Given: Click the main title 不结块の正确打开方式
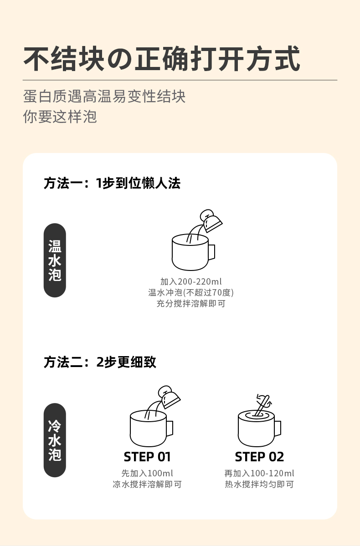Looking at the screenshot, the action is click(x=162, y=59).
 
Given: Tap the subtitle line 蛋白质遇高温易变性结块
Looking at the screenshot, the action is click(x=104, y=97).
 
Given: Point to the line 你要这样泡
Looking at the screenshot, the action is click(x=60, y=117).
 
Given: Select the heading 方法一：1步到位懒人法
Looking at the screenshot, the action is click(x=112, y=183).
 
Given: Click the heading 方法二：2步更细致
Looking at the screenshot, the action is click(x=100, y=362).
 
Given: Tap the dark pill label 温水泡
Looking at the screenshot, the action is click(x=55, y=260).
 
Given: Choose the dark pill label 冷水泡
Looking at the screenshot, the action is click(x=55, y=440).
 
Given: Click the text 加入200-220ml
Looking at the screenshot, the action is click(x=191, y=281).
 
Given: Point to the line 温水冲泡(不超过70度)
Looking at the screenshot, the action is click(x=191, y=292).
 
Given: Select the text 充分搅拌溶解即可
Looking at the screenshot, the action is click(x=191, y=303).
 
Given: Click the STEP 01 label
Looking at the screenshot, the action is click(x=147, y=456).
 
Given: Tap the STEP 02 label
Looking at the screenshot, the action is click(x=259, y=456).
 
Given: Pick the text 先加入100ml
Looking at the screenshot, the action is click(x=147, y=473).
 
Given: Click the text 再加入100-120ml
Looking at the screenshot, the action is click(x=259, y=473).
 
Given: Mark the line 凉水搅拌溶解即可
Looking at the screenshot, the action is click(x=147, y=484).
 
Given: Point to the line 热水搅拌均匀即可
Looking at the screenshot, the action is click(x=259, y=484).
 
